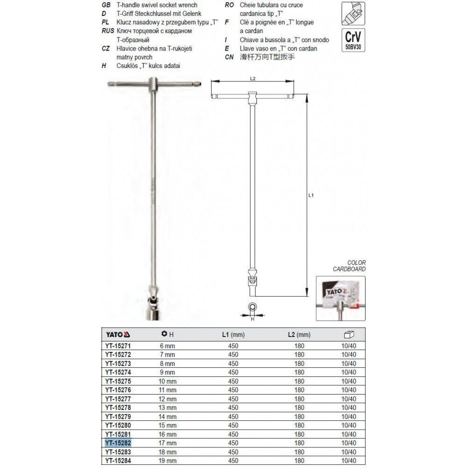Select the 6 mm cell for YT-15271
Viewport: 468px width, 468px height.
click(168, 345)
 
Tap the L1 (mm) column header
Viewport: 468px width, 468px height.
click(233, 334)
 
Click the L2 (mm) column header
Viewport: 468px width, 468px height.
click(299, 334)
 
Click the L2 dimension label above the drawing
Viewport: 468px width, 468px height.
click(252, 79)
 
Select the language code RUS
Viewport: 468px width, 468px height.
click(109, 31)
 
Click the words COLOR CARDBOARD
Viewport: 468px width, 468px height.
click(349, 266)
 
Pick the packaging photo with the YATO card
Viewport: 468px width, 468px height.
click(341, 298)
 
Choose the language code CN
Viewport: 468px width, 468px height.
click(229, 57)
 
